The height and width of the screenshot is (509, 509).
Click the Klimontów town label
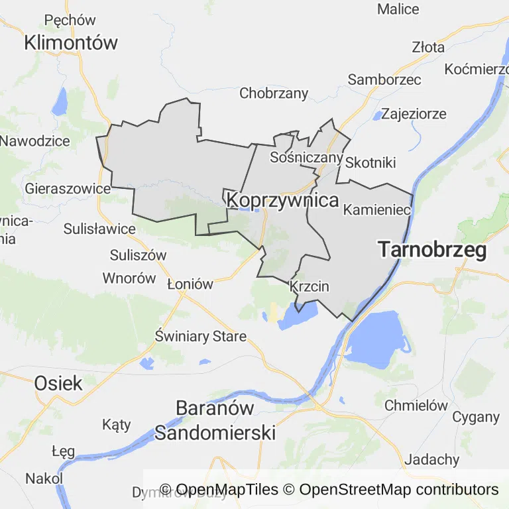[x=71, y=43]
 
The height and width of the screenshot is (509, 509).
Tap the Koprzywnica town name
[x=282, y=200]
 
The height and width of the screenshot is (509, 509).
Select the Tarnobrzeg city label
[x=432, y=250]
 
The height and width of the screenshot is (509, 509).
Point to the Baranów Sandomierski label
[x=215, y=420]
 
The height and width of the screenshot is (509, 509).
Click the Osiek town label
[x=58, y=382]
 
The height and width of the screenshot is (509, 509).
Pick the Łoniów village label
[x=190, y=284]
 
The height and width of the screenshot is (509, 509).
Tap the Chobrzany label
[x=274, y=93]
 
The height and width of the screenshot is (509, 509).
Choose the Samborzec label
[x=384, y=80]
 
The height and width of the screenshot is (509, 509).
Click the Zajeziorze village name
[x=414, y=113]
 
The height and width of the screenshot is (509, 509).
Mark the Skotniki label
[x=370, y=162]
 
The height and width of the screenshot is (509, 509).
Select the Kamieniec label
[x=377, y=210]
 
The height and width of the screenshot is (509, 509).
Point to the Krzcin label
[x=310, y=287]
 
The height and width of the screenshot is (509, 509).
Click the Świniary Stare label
[x=200, y=336]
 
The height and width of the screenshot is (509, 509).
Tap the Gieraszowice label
[x=67, y=188]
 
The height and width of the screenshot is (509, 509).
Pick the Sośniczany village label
[x=306, y=158]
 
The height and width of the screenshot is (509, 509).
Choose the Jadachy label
[x=431, y=459]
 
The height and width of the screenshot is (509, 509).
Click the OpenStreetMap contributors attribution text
[x=398, y=490]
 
